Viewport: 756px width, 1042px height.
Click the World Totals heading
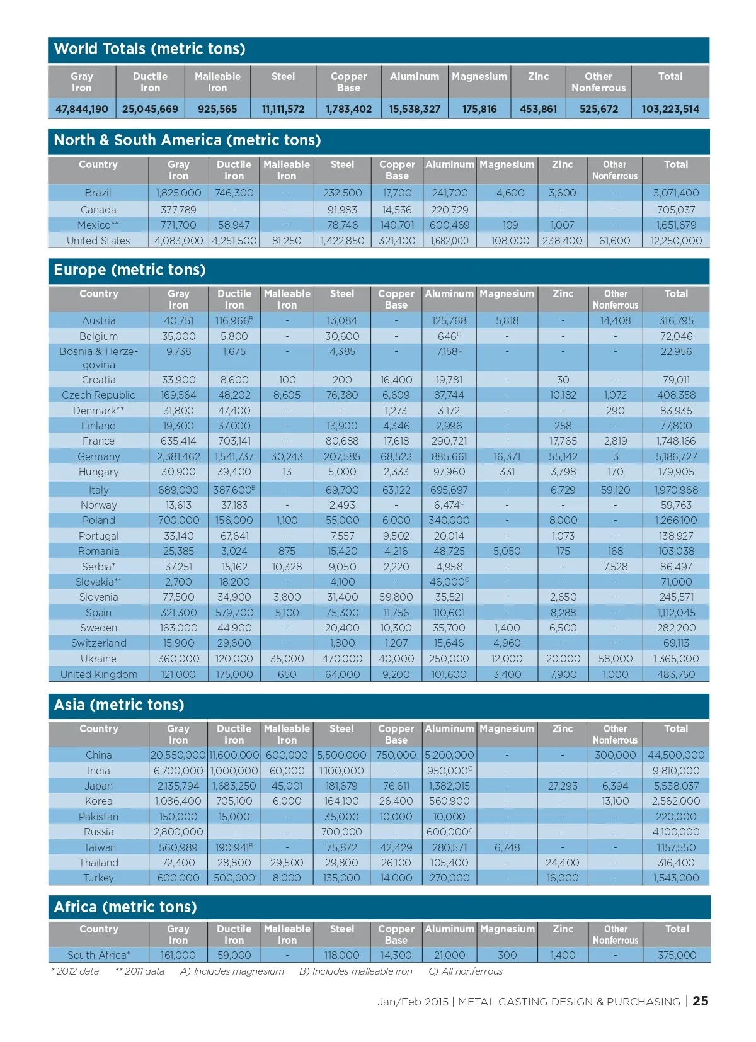tap(149, 49)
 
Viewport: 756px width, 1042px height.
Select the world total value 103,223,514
tap(670, 109)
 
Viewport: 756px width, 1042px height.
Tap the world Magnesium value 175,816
tap(479, 109)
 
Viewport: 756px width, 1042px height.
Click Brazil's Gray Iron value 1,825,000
tap(178, 193)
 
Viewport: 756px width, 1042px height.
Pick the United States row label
tap(98, 241)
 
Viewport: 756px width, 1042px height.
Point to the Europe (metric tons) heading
tap(130, 270)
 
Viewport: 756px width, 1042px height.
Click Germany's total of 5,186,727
tap(676, 456)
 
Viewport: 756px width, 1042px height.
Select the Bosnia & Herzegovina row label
tap(98, 358)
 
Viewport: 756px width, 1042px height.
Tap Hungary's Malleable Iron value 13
tap(287, 472)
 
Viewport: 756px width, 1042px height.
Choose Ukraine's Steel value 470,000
tap(342, 659)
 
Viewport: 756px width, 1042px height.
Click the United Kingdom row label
tap(98, 674)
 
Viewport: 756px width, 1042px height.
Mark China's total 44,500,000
tap(676, 755)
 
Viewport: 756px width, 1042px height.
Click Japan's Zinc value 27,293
tap(563, 786)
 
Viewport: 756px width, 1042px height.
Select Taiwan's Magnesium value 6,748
tap(507, 847)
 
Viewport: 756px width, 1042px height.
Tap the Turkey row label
tap(98, 878)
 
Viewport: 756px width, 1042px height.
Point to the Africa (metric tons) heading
tap(125, 907)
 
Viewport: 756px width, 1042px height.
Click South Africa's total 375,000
tap(677, 955)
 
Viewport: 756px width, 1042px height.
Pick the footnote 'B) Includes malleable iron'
tap(355, 971)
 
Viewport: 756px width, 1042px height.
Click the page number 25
tap(700, 1001)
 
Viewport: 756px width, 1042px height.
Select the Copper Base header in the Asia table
tap(396, 734)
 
